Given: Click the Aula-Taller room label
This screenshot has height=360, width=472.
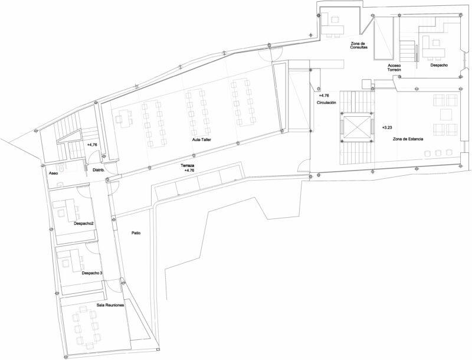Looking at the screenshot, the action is (202, 140).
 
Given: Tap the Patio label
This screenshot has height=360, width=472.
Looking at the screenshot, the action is (136, 233).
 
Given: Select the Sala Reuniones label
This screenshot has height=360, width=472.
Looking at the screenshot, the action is (110, 305).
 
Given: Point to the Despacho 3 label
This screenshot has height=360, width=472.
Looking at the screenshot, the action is (92, 273).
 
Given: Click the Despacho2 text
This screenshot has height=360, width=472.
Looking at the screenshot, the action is (84, 224).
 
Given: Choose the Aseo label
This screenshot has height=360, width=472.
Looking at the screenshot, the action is (53, 174).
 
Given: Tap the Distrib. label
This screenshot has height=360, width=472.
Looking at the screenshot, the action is (99, 170).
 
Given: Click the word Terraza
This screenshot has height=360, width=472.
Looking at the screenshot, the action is (187, 166).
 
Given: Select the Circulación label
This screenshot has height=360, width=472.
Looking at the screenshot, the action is (326, 103).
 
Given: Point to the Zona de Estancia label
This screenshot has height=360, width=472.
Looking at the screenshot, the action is (408, 139).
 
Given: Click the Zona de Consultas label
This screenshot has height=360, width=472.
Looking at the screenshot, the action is (359, 45).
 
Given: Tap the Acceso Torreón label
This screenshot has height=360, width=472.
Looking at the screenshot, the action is (394, 67).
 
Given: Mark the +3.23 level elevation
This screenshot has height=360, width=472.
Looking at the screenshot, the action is (387, 127).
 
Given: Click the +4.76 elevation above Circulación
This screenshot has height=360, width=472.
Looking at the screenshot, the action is (323, 96).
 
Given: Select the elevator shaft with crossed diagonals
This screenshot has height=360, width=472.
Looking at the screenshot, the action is (357, 127).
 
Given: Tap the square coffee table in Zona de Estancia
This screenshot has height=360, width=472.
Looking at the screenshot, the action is (446, 114).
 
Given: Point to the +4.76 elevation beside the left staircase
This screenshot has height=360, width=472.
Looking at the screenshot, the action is (92, 145).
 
